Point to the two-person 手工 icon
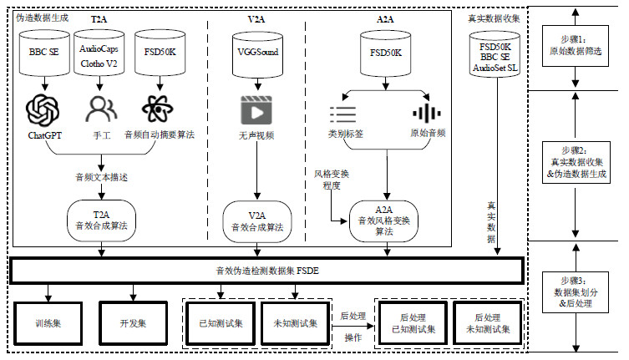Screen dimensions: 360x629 pyautogui.click(x=99, y=110)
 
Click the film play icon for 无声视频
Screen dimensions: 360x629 pyautogui.click(x=256, y=110)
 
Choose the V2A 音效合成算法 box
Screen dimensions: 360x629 pyautogui.click(x=256, y=220)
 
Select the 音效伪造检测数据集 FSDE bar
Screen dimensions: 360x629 pyautogui.click(x=266, y=271)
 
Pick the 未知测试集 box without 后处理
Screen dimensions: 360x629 pyautogui.click(x=294, y=322)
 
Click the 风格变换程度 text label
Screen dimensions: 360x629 pyautogui.click(x=332, y=179)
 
